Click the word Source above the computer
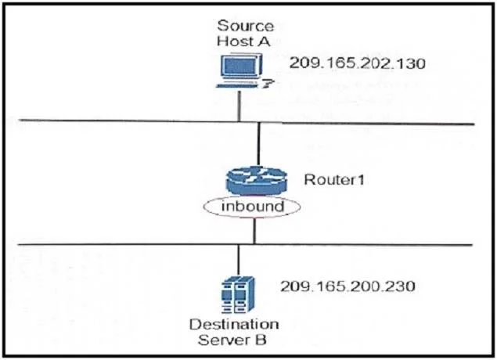[245, 26]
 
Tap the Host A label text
[243, 41]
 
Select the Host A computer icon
[243, 70]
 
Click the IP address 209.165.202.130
[357, 63]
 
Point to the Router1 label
[334, 180]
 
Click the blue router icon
[257, 181]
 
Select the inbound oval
[252, 207]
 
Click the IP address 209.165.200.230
[348, 286]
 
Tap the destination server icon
[238, 294]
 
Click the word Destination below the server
[234, 325]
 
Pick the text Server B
[232, 340]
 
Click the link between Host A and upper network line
[239, 105]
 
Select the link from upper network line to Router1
[259, 144]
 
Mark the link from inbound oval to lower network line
[254, 231]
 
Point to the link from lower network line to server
[239, 261]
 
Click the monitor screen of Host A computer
[240, 67]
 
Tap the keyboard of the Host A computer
[237, 85]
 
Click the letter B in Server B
[261, 340]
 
